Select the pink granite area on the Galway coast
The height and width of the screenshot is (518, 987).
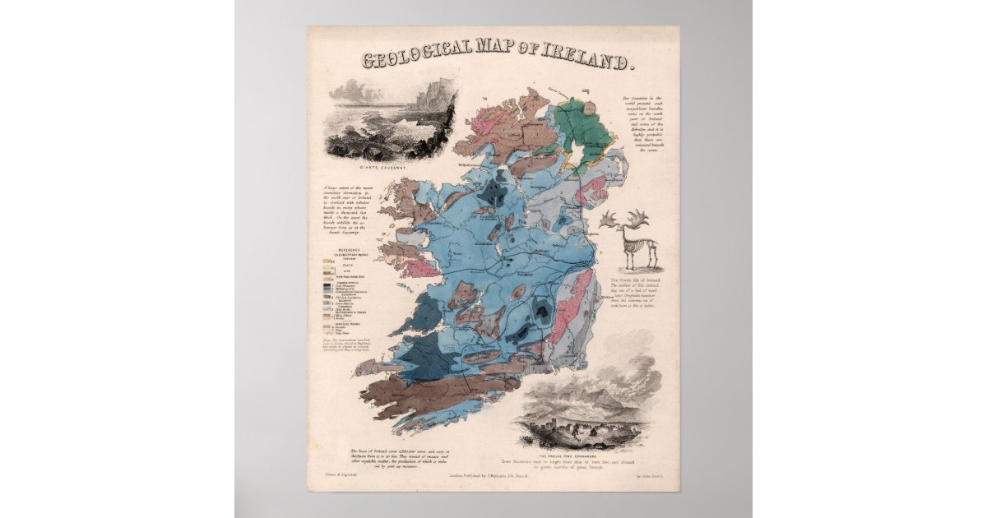tap(423, 267)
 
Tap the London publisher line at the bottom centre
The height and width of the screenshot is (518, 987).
tap(493, 474)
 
